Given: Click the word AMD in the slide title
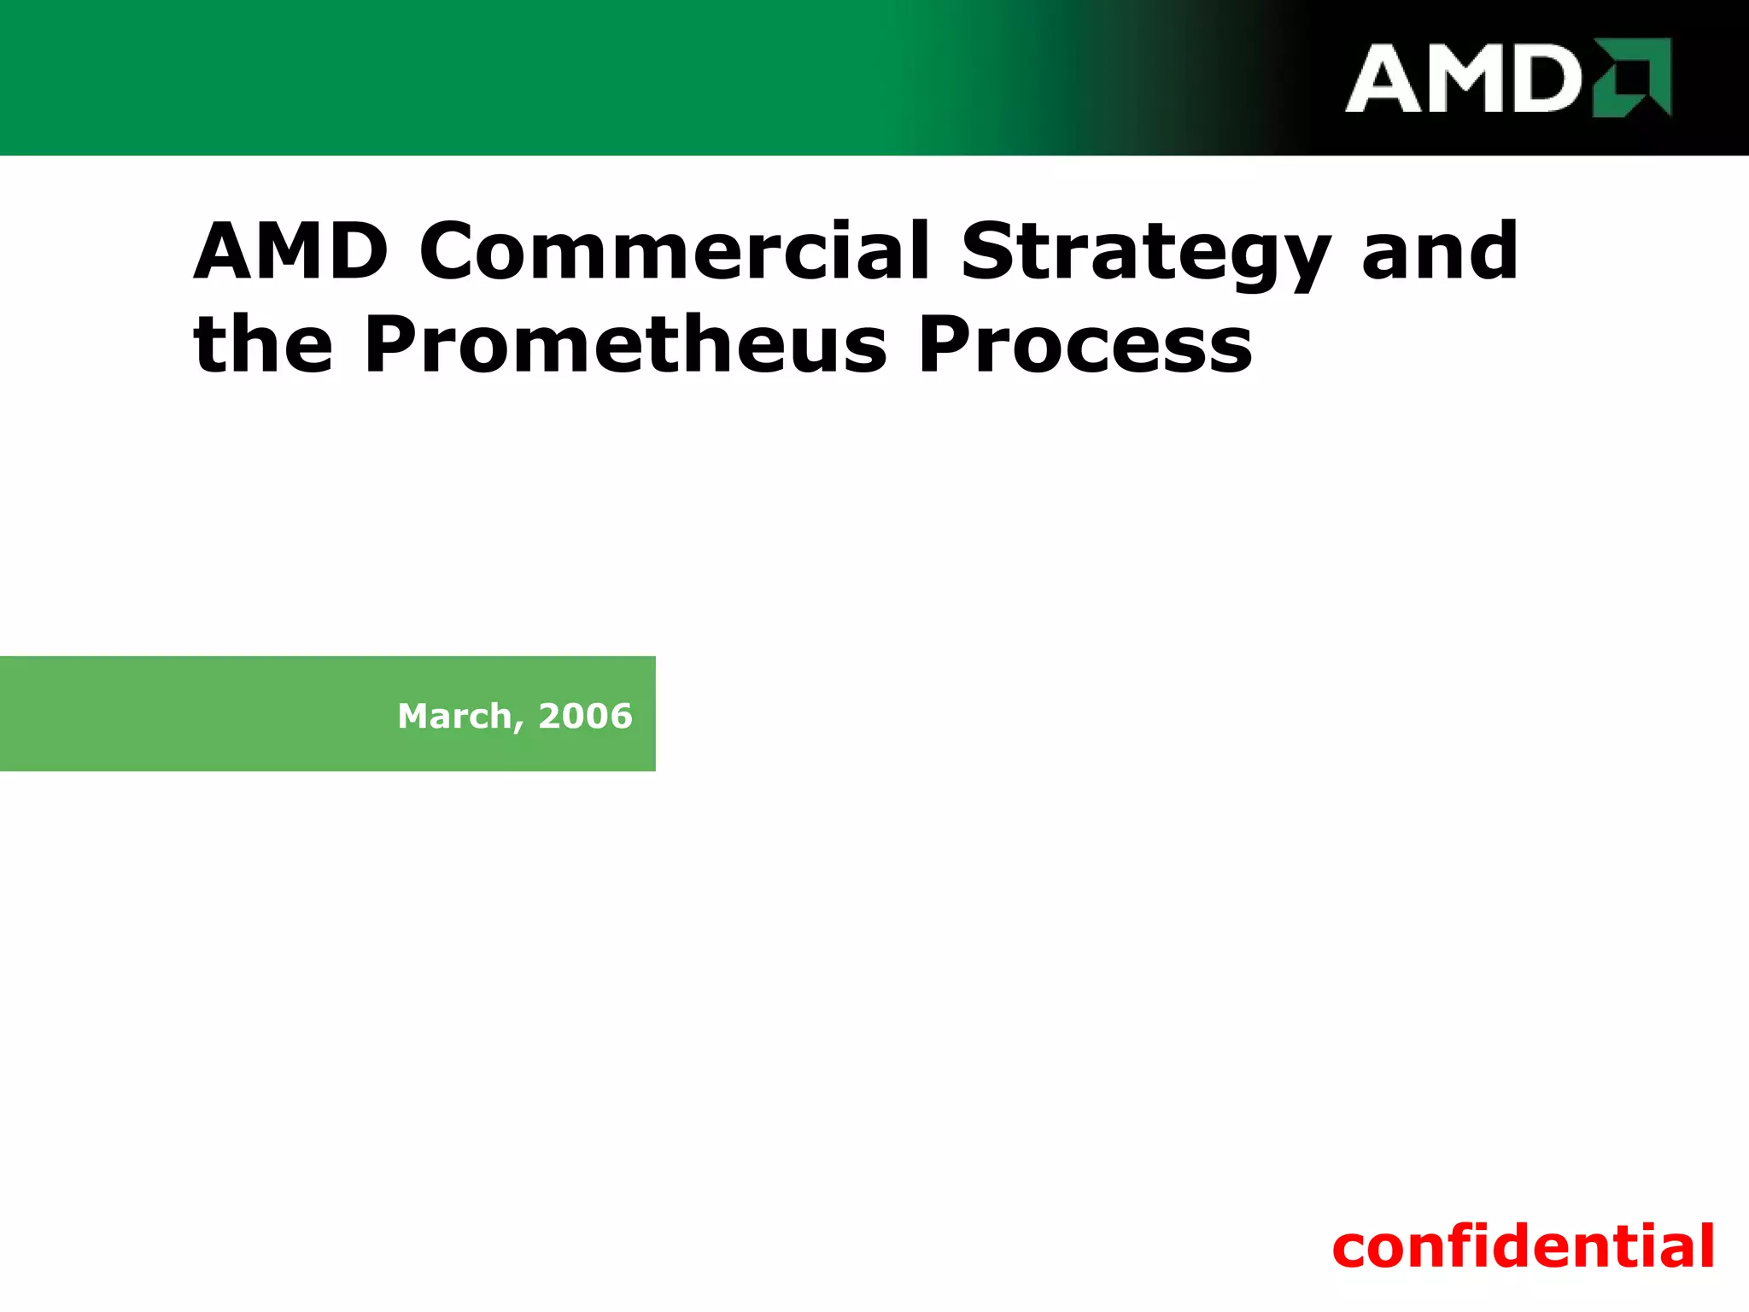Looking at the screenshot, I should pyautogui.click(x=290, y=251).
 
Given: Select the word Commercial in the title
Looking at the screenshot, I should pyautogui.click(x=673, y=251).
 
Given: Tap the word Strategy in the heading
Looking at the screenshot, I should pyautogui.click(x=1144, y=253).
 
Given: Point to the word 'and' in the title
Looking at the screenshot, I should pyautogui.click(x=1440, y=251).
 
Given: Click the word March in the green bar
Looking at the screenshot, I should pyautogui.click(x=454, y=716).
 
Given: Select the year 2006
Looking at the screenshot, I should pyautogui.click(x=585, y=716).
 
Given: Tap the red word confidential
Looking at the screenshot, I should pyautogui.click(x=1523, y=1247).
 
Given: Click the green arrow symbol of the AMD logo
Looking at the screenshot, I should pyautogui.click(x=1633, y=77).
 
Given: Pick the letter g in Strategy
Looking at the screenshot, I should pyautogui.click(x=1259, y=261).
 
